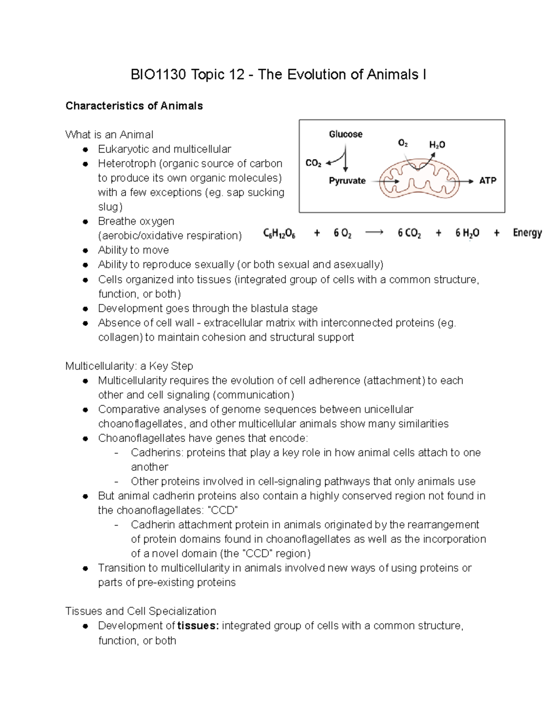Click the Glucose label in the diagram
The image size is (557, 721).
[x=345, y=134]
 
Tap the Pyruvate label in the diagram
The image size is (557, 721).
[x=347, y=181]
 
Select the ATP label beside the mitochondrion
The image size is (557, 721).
[x=487, y=181]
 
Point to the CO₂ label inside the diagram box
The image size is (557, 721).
[x=313, y=163]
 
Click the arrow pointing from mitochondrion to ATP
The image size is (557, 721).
[x=466, y=181]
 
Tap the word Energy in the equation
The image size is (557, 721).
[x=527, y=233]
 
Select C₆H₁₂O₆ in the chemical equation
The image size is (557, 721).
[x=279, y=233]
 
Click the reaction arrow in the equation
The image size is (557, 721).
[x=374, y=233]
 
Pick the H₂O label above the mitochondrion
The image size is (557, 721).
[x=437, y=145]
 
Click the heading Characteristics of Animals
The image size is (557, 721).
[x=134, y=106]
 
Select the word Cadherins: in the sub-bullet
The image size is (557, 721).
[x=157, y=453]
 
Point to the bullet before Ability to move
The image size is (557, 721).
[x=85, y=250]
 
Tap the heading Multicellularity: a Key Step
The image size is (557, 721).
[x=129, y=366]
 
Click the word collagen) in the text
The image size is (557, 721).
[x=120, y=337]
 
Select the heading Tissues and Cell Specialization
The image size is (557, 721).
[x=141, y=611]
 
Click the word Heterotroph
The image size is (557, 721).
[x=127, y=163]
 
